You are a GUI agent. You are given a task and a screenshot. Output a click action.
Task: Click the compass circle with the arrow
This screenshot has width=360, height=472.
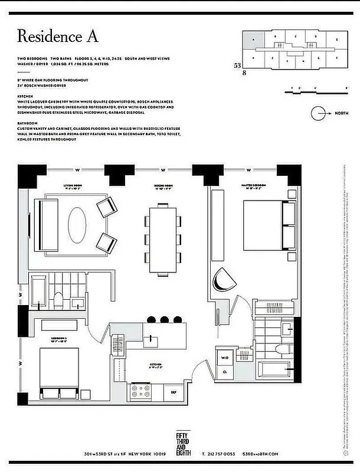319,113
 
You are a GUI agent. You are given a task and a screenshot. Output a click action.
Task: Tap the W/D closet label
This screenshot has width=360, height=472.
225,358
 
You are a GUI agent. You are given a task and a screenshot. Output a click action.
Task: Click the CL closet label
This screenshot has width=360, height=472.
225,372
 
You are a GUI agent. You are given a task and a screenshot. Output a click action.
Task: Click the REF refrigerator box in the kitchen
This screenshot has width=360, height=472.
174,392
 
